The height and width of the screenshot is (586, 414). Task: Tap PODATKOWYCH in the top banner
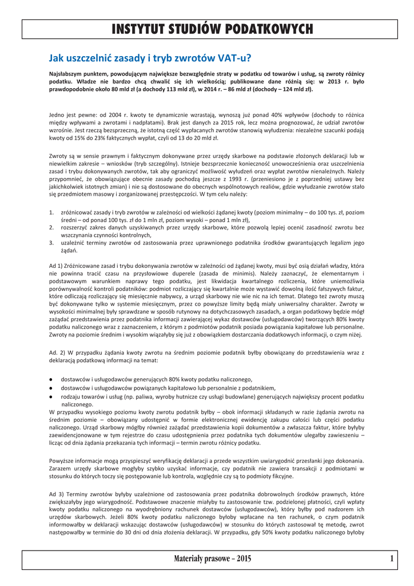coord(270,29)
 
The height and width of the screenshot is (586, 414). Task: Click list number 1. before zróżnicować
coord(51,212)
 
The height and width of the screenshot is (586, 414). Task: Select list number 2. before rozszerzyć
coord(51,227)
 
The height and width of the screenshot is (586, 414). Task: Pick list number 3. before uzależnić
coord(51,243)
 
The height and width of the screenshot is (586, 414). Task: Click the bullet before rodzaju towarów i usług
coord(51,396)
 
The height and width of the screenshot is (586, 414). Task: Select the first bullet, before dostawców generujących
coord(51,379)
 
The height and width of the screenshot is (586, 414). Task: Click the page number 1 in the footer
coord(392,559)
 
